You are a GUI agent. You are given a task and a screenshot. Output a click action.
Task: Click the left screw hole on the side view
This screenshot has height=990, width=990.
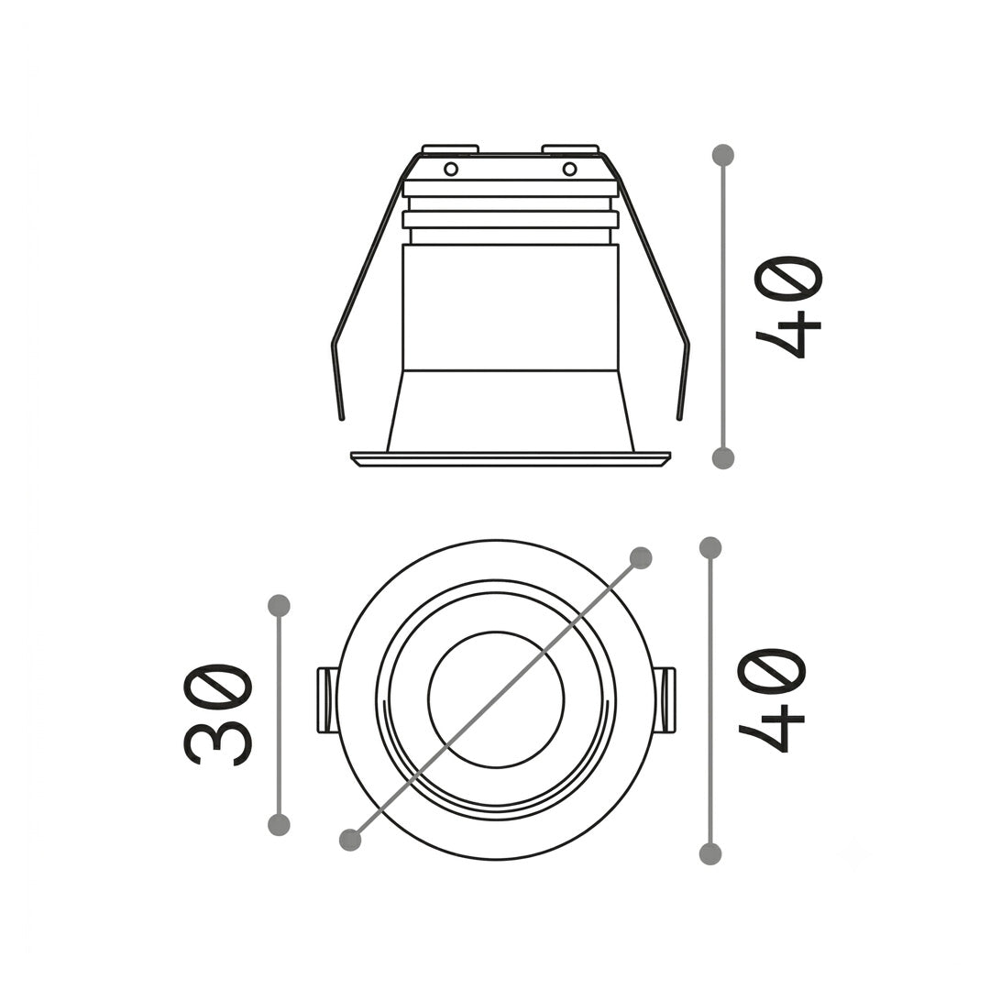451,170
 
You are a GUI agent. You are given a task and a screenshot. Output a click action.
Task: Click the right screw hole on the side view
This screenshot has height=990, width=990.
569,170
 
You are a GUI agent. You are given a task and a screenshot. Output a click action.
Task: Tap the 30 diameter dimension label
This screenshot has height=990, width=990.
218,714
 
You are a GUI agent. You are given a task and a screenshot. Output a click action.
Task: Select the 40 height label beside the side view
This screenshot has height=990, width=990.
789,307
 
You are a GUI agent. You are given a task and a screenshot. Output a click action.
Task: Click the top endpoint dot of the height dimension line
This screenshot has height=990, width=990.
723,155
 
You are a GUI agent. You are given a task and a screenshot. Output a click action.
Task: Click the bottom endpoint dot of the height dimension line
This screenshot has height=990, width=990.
723,457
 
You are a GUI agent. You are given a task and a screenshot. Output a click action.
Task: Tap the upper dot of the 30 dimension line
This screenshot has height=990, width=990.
279,606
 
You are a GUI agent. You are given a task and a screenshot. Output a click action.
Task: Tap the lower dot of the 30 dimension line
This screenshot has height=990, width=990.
279,825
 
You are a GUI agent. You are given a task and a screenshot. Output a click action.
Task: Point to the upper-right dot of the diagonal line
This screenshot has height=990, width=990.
641,557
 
